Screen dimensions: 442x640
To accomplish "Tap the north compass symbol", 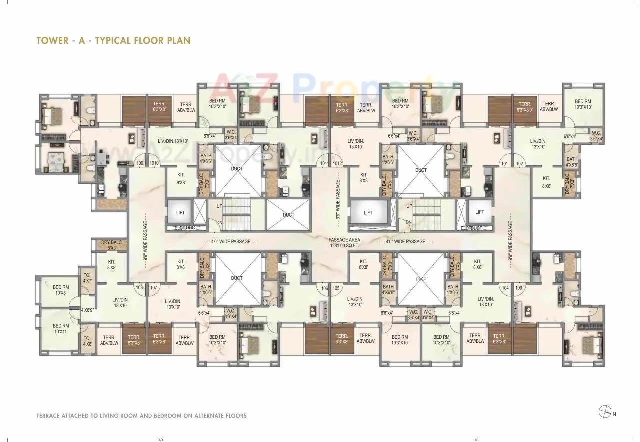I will coord(605,412).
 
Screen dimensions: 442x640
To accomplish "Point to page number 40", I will coord(161,440).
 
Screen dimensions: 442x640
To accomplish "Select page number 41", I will coord(476,440).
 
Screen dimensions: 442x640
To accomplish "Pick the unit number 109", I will coord(140,163).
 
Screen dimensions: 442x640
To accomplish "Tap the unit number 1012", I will coord(337,163).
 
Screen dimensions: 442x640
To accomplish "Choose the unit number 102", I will coord(519,163).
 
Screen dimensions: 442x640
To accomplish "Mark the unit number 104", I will coord(505,288).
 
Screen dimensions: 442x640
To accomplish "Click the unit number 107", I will coord(154,288).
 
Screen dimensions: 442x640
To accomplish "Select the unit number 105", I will coord(336,288).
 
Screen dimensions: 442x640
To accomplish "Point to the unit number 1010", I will coord(154,163).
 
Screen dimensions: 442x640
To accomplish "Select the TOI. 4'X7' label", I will coord(87,278).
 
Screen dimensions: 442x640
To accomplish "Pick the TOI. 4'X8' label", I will coord(87,341).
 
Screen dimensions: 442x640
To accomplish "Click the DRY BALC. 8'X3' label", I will coord(109,245).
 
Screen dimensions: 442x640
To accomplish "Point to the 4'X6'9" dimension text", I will coord(87,310).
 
